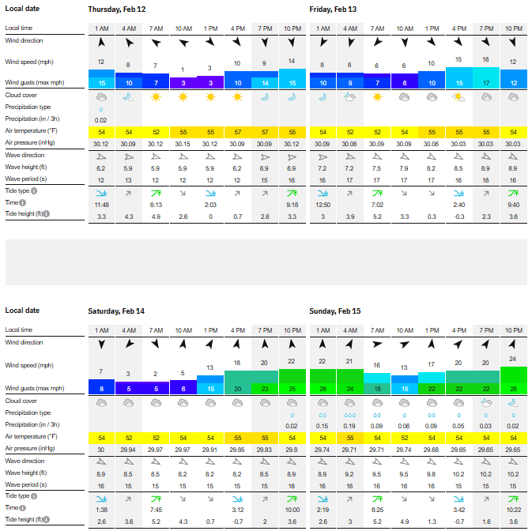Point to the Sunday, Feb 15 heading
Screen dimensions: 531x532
[335, 311]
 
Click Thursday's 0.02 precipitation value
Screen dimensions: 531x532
[102, 119]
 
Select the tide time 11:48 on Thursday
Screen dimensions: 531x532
[102, 204]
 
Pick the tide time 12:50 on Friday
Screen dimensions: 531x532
[322, 204]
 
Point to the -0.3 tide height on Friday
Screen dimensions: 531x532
[458, 216]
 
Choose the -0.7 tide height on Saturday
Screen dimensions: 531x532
[238, 522]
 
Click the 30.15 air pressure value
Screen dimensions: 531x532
[183, 143]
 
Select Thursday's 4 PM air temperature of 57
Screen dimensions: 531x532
[237, 131]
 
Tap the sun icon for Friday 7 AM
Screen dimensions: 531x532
[376, 96]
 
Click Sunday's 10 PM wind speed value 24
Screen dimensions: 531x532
[513, 359]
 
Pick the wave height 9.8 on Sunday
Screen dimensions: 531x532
[432, 473]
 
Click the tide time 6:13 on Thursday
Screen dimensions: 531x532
[156, 204]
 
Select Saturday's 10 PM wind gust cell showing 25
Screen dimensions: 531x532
[292, 389]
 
